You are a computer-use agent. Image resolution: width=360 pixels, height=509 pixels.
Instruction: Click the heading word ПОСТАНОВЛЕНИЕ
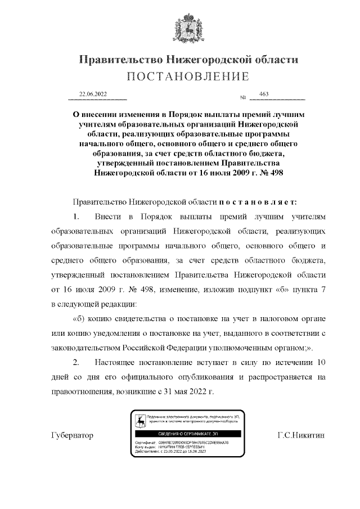187,76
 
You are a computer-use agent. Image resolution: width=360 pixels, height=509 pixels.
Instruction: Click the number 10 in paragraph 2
320,362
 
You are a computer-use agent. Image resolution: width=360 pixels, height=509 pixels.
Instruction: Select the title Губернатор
72,436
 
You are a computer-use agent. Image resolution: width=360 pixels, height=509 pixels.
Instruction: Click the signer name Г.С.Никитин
301,436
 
